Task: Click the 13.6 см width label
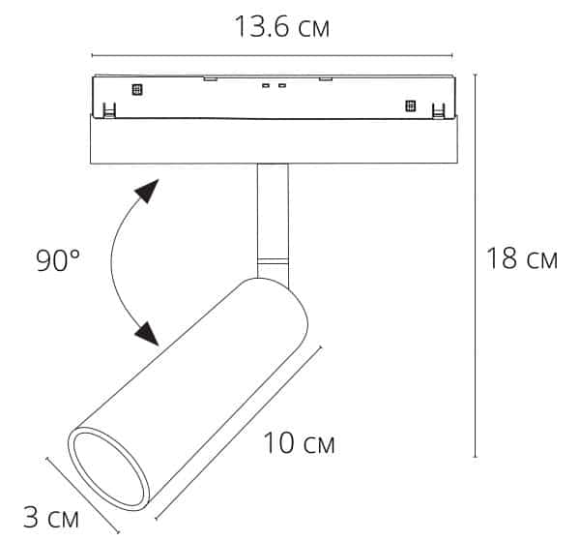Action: point(281,26)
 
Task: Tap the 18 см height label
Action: point(521,258)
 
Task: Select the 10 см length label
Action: point(300,444)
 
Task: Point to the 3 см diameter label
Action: point(50,518)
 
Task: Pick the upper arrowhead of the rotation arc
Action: point(146,191)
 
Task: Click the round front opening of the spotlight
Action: point(107,470)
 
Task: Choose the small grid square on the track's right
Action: point(409,105)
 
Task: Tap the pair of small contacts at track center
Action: point(273,86)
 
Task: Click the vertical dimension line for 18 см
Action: point(476,261)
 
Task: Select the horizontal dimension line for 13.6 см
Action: point(272,55)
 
